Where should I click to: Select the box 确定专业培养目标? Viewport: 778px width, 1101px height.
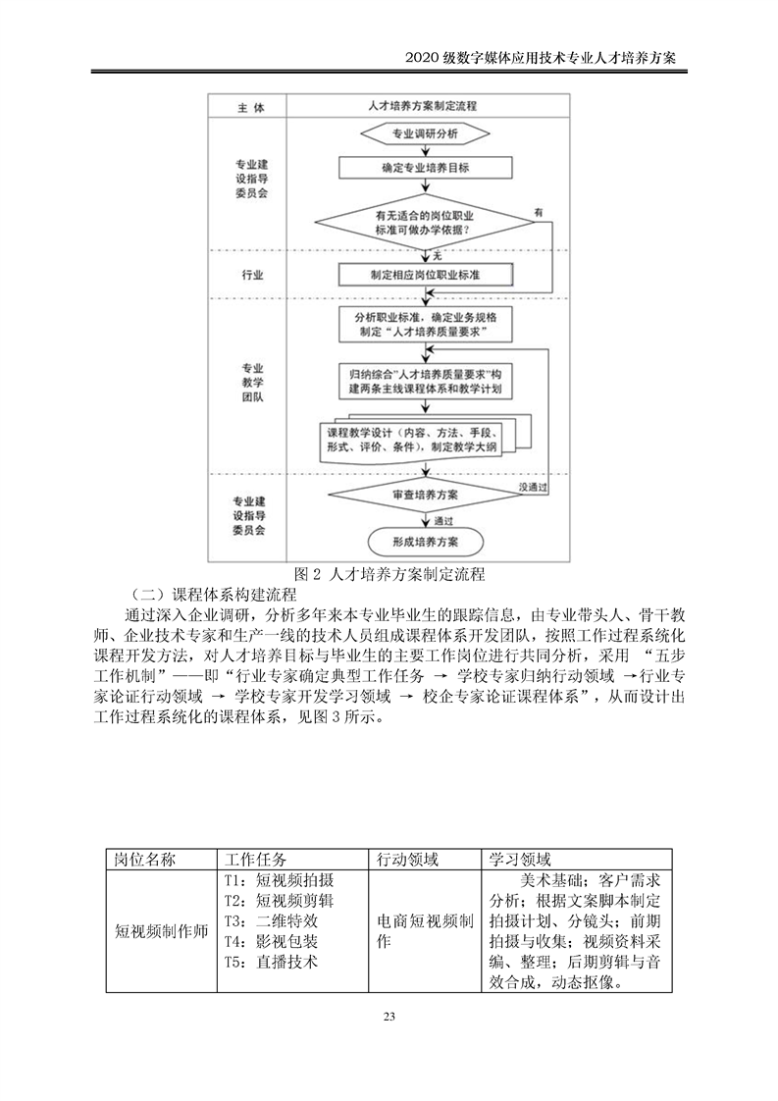coord(425,168)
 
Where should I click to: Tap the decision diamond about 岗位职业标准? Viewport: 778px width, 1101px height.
coord(425,223)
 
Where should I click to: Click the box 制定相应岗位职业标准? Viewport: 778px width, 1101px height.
coord(425,274)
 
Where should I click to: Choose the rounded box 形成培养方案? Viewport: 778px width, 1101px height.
coord(425,541)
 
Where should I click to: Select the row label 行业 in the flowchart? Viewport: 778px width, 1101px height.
coord(251,276)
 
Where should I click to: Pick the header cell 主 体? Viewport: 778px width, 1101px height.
coord(251,104)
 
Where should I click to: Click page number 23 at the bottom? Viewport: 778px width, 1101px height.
coord(389,1016)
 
